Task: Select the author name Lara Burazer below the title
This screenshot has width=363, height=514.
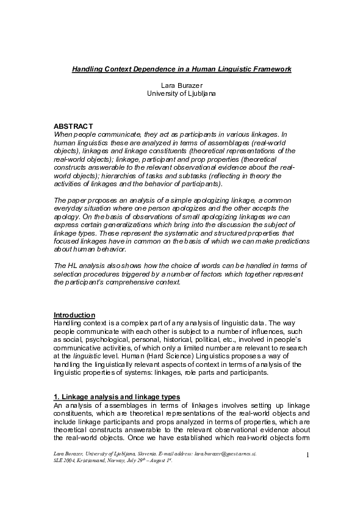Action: pyautogui.click(x=181, y=85)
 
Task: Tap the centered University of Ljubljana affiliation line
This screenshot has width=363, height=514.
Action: pyautogui.click(x=181, y=93)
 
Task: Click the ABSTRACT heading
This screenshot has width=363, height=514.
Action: pyautogui.click(x=73, y=125)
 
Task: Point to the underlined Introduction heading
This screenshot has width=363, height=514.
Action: pyautogui.click(x=74, y=314)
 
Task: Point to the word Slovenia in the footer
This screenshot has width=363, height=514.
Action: pyautogui.click(x=141, y=454)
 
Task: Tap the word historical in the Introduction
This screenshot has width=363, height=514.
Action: pyautogui.click(x=181, y=339)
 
